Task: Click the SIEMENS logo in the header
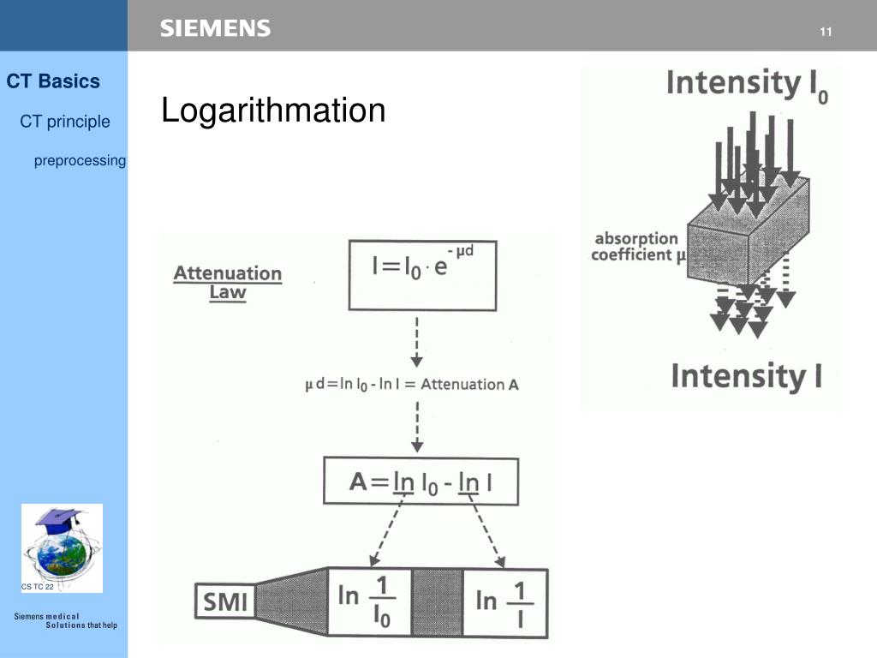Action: tap(215, 28)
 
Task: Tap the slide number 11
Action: tap(826, 33)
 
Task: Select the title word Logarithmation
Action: tap(273, 111)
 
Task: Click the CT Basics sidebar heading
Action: tap(53, 81)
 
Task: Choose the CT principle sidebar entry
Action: tap(65, 122)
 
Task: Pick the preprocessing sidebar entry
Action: tap(80, 160)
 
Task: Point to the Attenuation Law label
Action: tap(228, 282)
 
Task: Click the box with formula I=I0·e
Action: tap(421, 274)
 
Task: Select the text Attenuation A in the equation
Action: tap(470, 385)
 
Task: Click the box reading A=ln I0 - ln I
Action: tap(421, 482)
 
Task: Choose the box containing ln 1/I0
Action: tap(370, 601)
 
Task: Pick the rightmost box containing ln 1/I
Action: tap(504, 601)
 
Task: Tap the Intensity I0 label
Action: tap(746, 85)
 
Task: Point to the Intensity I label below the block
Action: tap(745, 377)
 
